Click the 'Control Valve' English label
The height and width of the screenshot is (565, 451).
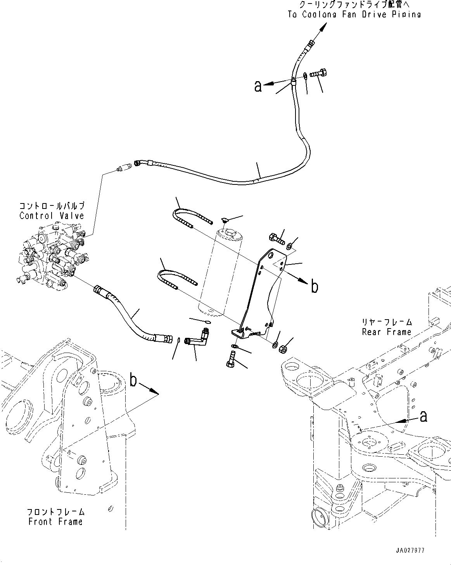tap(52, 216)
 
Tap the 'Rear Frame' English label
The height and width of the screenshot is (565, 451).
tap(386, 332)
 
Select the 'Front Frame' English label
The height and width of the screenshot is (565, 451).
tap(55, 521)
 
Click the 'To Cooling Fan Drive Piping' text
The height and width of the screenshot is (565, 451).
tap(354, 14)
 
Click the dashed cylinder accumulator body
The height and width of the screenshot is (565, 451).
tap(221, 272)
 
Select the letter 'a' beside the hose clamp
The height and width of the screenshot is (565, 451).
tap(258, 86)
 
